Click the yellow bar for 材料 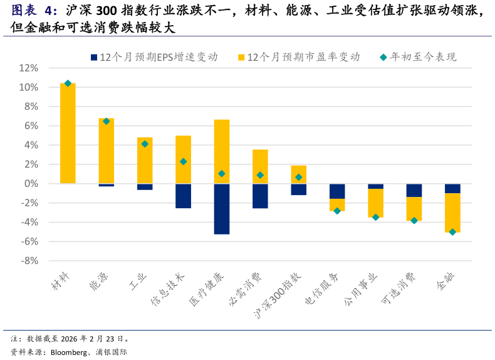[x=68, y=134]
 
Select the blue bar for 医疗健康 [x=222, y=208]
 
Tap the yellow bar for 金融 [x=452, y=213]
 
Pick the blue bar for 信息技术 [x=183, y=196]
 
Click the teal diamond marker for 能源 [x=106, y=121]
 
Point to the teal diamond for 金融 [x=452, y=232]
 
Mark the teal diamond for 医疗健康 [x=222, y=173]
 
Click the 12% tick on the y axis [x=29, y=68]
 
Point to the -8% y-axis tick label [x=29, y=261]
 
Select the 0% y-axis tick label [x=31, y=184]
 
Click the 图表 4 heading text [x=34, y=10]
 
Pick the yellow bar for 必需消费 [x=260, y=166]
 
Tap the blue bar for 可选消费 [x=414, y=190]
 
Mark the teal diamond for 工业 [x=145, y=144]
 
